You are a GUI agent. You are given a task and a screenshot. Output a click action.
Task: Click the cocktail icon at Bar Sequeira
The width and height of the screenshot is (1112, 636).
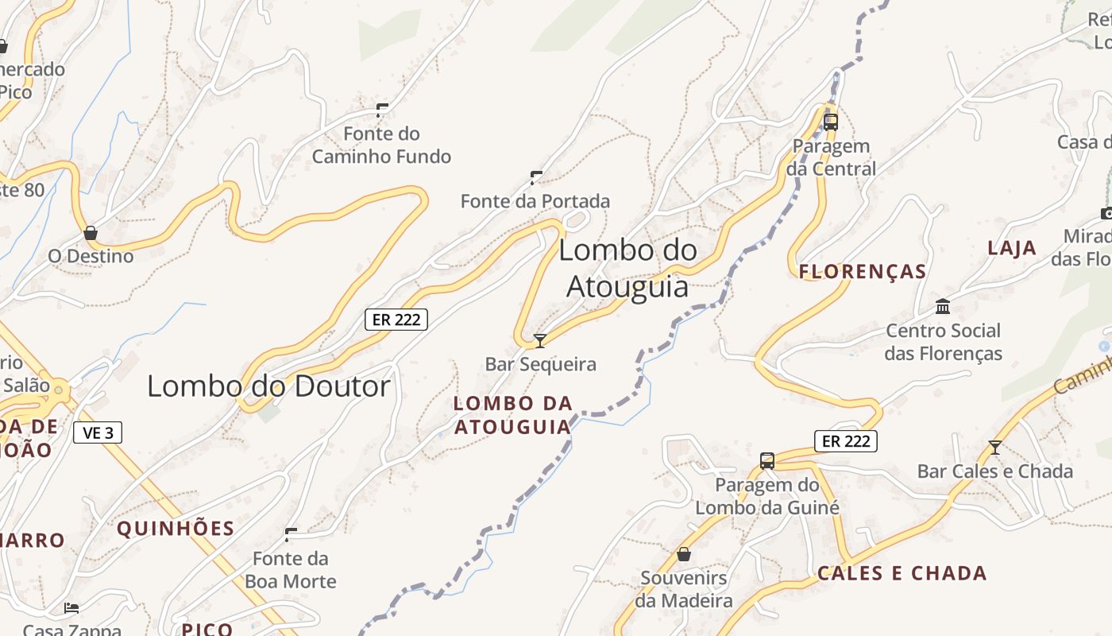point(540,341)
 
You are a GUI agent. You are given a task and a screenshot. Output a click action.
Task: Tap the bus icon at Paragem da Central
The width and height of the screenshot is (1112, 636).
point(831,122)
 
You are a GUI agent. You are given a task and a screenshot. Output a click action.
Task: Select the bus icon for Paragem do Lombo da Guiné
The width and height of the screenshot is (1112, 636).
point(767,461)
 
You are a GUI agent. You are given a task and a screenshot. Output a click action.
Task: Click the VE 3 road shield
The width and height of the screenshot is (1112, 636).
point(98,432)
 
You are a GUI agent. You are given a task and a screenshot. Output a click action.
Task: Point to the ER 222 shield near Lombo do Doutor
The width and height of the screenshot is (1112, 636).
point(396,320)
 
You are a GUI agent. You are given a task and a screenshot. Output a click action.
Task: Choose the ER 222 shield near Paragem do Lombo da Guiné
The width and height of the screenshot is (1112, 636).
point(845,440)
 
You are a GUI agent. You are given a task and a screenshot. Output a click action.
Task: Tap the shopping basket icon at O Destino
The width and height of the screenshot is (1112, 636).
point(91,233)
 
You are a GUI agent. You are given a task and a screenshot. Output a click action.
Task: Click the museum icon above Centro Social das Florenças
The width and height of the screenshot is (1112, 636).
point(943,306)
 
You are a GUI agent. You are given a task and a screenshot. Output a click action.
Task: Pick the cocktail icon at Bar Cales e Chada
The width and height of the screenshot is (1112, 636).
point(994,448)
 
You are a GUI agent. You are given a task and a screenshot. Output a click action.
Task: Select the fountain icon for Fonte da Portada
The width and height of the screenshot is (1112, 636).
point(536,177)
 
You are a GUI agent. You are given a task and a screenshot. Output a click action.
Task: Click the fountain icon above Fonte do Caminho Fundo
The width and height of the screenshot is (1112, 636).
point(382,110)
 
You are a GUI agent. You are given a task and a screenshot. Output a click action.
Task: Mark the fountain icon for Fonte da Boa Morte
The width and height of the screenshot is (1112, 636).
point(291,534)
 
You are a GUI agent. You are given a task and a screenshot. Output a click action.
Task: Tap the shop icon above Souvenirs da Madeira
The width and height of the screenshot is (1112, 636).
point(684,553)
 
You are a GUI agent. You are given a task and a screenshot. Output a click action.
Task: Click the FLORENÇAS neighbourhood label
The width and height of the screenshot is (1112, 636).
point(863,272)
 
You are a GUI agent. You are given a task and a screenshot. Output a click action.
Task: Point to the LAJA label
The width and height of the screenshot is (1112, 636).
point(1012,248)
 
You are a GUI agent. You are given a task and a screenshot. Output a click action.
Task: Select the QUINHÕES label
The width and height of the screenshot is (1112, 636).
point(176,529)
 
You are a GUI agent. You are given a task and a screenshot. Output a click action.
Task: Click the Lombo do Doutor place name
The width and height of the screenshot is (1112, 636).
point(268,386)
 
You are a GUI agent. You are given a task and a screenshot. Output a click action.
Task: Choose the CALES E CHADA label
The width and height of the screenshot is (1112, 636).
point(902,573)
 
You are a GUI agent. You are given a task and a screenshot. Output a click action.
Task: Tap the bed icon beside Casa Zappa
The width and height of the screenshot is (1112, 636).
point(71,608)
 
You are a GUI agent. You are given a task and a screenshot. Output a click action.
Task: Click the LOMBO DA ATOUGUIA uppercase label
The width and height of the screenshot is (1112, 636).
point(512,415)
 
